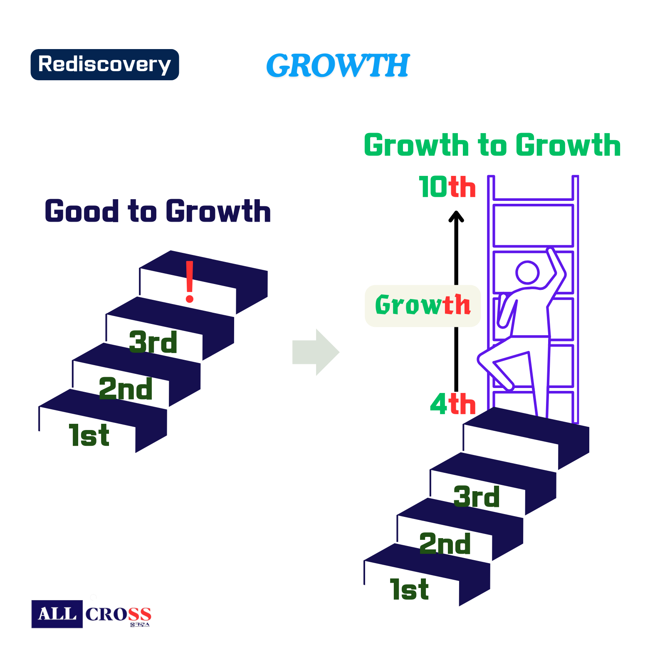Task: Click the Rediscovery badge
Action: point(105,64)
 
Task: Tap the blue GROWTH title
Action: point(338,65)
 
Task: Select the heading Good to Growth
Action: point(158,211)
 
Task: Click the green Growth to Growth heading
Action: point(492,145)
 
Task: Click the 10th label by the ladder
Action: point(447,187)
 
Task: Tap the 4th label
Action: point(453,404)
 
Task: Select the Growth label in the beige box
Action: point(423,305)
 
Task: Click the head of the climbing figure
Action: point(527,273)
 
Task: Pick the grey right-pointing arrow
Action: point(316,352)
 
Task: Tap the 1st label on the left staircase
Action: point(89,435)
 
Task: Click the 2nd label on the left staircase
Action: point(126,389)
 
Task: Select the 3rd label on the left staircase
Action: point(153,342)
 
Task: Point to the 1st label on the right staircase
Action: point(409,589)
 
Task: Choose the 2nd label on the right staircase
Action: point(445,544)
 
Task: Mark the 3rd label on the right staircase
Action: point(477,497)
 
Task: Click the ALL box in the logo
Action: point(57,614)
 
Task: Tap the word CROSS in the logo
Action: point(118,614)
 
